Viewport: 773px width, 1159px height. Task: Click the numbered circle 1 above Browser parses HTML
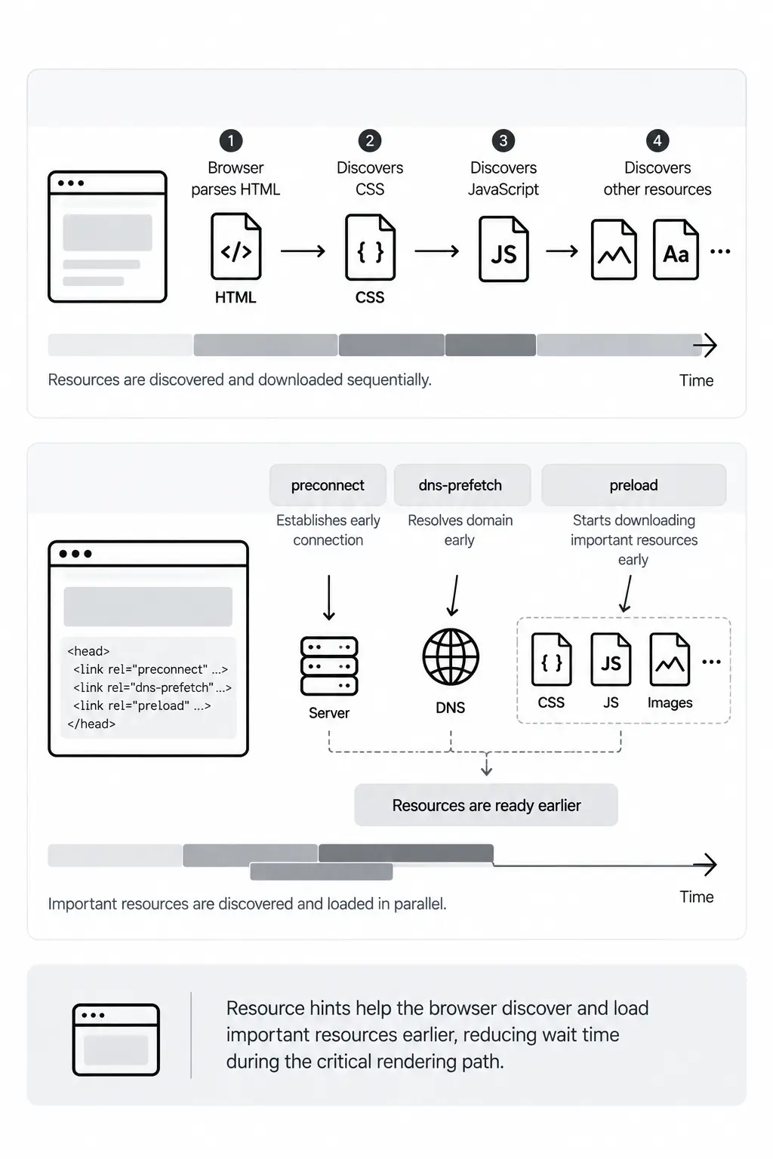[x=231, y=141]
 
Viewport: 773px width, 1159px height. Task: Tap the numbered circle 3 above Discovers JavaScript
[x=504, y=141]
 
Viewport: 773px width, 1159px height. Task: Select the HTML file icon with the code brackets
[x=236, y=247]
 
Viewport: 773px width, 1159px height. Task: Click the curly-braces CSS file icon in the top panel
[x=370, y=247]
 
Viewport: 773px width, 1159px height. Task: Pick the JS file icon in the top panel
[x=504, y=249]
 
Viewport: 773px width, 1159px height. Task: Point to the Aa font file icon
[x=676, y=250]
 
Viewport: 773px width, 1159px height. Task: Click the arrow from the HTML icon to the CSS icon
[x=303, y=251]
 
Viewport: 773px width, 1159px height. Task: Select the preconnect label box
[x=328, y=485]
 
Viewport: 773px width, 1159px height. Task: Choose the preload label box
[x=634, y=485]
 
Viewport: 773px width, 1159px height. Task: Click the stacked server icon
[x=329, y=666]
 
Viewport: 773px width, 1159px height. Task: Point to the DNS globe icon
[x=451, y=657]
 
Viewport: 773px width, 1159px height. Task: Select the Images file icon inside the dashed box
[x=670, y=659]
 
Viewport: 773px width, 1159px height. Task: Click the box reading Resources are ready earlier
[x=486, y=805]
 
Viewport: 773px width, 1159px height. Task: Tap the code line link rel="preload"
[x=142, y=706]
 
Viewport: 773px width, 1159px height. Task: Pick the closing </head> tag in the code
[x=91, y=724]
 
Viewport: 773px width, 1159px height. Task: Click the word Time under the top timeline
[x=696, y=381]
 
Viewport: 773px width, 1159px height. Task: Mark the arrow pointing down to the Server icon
[x=329, y=598]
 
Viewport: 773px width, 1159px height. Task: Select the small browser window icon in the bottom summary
[x=116, y=1040]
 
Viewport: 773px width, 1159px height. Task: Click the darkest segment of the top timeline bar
[x=491, y=345]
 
